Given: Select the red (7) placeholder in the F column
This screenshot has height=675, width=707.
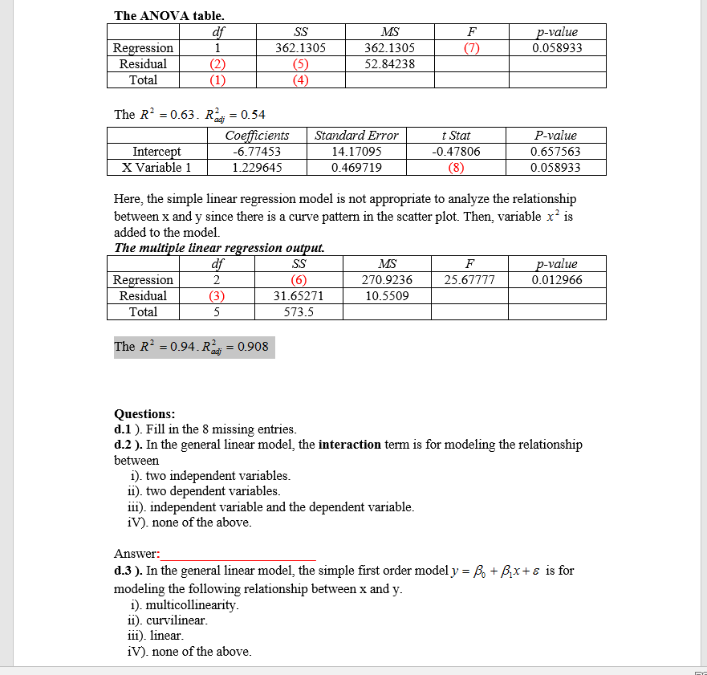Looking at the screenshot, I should (471, 48).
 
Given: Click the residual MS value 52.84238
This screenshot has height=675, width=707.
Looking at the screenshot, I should (389, 64).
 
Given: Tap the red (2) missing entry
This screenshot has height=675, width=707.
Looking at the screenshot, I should (217, 64).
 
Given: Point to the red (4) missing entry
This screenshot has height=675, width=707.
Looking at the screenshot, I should (300, 80).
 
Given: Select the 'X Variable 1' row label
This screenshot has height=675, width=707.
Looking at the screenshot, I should (156, 168).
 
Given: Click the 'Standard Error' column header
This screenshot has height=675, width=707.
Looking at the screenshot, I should (356, 136).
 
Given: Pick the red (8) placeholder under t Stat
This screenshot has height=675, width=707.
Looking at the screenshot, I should (457, 168).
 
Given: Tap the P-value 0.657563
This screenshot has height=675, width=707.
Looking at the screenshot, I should (555, 152).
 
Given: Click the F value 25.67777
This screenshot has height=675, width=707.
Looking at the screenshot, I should (469, 280).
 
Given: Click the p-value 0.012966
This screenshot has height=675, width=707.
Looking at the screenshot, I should (557, 280).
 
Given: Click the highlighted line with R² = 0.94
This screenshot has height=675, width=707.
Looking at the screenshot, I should (193, 347).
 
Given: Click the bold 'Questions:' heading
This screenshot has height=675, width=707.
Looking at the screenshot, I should (144, 414).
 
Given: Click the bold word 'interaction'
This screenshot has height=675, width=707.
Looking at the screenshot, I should (349, 445).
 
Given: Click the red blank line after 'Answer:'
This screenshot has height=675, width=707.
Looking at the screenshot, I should (238, 555).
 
